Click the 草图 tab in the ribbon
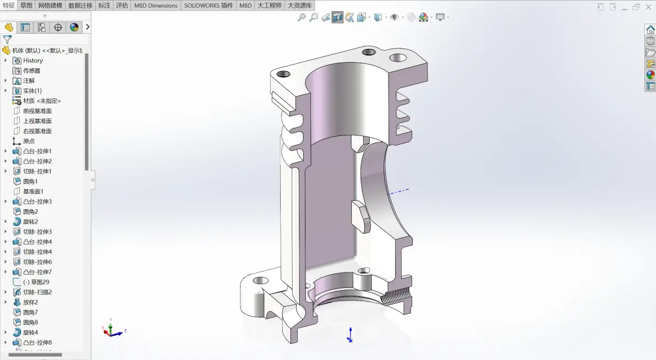(26, 6)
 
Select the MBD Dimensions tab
(156, 6)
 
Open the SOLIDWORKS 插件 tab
(209, 6)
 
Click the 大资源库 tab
(299, 6)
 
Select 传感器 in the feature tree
(31, 71)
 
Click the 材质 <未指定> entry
(42, 101)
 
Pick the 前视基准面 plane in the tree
(37, 111)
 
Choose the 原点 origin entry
(29, 141)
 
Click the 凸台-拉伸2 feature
(37, 161)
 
